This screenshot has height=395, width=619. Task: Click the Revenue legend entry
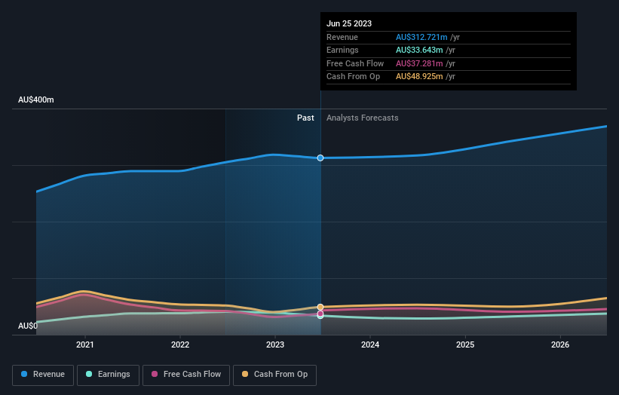pyautogui.click(x=43, y=374)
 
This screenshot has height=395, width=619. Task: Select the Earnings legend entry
pyautogui.click(x=108, y=374)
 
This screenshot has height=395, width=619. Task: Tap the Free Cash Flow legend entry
pyautogui.click(x=185, y=374)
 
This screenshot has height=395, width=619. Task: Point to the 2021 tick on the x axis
pyautogui.click(x=85, y=345)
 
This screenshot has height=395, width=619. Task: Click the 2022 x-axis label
pyautogui.click(x=180, y=345)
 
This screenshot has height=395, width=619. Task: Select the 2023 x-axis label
pyautogui.click(x=275, y=345)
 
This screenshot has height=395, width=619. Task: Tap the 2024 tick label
pyautogui.click(x=370, y=345)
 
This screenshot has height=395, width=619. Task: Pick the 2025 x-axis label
pyautogui.click(x=465, y=345)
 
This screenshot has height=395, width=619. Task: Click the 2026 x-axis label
pyautogui.click(x=560, y=345)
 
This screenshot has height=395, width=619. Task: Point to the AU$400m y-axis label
pyautogui.click(x=36, y=100)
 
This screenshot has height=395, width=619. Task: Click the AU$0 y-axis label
pyautogui.click(x=28, y=326)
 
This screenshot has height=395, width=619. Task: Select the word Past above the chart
pyautogui.click(x=305, y=118)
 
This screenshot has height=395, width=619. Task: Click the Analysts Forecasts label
pyautogui.click(x=362, y=118)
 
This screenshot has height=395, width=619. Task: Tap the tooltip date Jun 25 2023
pyautogui.click(x=349, y=24)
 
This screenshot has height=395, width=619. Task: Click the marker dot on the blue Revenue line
pyautogui.click(x=320, y=158)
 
